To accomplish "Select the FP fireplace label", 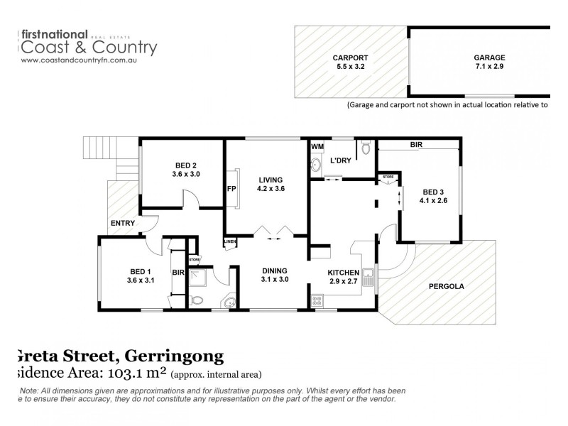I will click(231, 189).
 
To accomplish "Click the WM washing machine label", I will click(317, 147).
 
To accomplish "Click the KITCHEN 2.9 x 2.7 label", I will click(344, 278).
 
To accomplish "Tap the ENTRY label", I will click(123, 224).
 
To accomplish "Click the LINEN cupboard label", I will click(230, 242).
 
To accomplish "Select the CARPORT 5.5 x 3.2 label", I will click(352, 63).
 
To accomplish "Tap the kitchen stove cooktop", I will click(317, 302).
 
